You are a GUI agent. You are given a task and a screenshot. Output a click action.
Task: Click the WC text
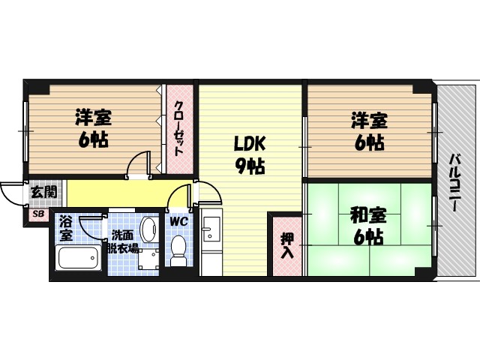click(178, 222)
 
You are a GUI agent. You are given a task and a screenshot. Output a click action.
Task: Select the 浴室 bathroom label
click(65, 228)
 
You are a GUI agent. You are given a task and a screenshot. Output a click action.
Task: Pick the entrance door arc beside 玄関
click(10, 193)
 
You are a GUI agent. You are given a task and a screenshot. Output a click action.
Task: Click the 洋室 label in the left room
click(93, 118)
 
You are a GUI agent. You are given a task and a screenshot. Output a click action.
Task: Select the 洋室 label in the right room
click(370, 119)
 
